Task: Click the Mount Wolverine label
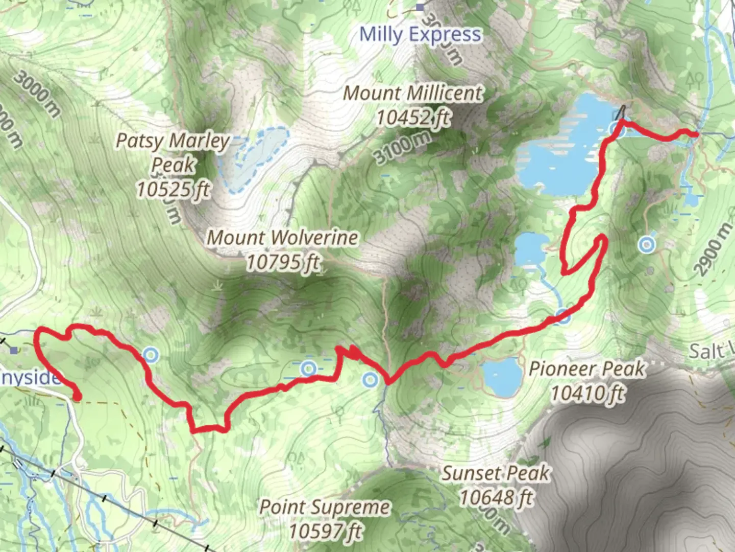click(x=282, y=238)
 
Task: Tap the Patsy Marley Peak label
click(x=173, y=152)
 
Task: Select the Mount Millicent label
click(x=412, y=94)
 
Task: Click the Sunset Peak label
click(x=496, y=473)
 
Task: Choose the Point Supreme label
click(x=325, y=507)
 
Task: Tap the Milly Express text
click(x=420, y=35)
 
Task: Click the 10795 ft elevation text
click(x=283, y=262)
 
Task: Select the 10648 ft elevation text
click(x=496, y=497)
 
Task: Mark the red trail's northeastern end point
click(x=696, y=134)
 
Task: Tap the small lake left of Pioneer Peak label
click(x=501, y=377)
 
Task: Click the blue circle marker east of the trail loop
click(x=647, y=244)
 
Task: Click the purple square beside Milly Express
click(x=420, y=7)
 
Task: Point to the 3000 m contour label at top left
click(x=37, y=93)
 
